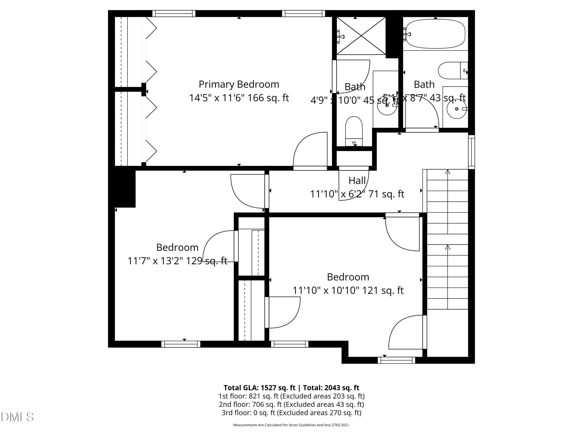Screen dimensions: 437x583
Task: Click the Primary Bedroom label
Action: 239,84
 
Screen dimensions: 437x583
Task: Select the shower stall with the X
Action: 361,36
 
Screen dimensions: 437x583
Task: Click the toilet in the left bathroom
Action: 354,131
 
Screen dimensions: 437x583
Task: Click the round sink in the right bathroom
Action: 456,109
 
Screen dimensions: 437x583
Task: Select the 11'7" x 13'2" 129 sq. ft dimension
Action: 177,261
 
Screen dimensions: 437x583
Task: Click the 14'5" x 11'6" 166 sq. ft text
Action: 239,98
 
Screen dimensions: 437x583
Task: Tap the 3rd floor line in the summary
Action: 291,413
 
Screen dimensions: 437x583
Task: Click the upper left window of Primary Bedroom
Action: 174,13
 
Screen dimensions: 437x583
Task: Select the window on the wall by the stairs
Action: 471,152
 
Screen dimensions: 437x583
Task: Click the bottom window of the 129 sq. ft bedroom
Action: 181,344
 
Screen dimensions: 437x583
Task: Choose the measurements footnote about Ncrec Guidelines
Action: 291,425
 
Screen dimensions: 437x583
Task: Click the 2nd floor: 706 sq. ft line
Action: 291,404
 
